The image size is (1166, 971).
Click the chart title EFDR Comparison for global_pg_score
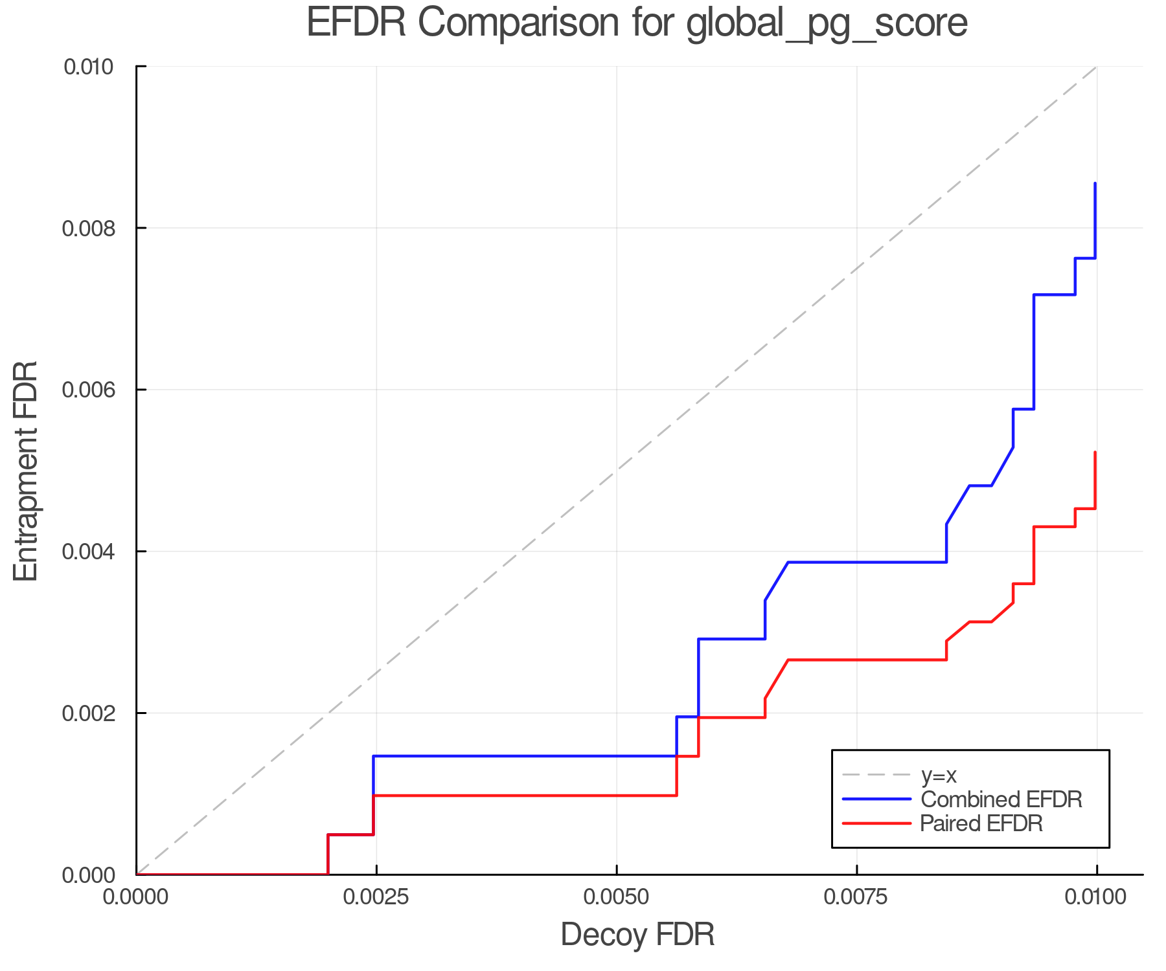tap(637, 23)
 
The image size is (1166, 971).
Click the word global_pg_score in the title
tap(826, 24)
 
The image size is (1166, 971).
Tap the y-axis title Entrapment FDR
tap(26, 471)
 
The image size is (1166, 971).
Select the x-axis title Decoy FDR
tap(637, 934)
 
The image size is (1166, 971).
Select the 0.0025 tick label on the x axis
tap(376, 897)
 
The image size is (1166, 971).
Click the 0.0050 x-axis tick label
tap(617, 897)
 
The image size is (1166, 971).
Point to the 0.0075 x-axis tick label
tap(856, 897)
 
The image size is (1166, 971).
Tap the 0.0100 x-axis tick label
tap(1096, 897)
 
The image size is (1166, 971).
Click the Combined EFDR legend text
tap(1001, 799)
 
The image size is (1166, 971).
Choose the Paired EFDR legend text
tap(981, 823)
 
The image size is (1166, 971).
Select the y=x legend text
tap(939, 775)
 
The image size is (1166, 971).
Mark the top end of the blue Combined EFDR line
tap(1095, 184)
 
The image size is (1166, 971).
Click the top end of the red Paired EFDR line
tap(1095, 452)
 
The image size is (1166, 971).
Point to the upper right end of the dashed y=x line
tap(1095, 67)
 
